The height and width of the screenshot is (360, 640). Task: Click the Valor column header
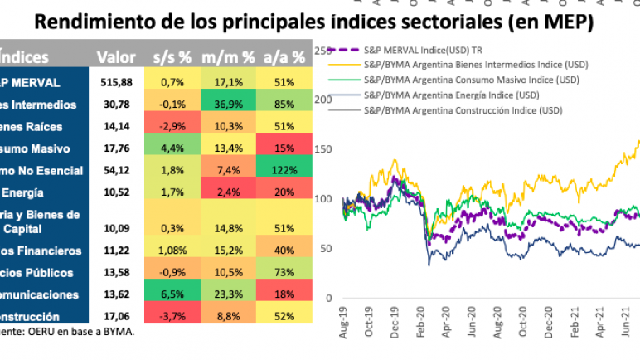(x=115, y=58)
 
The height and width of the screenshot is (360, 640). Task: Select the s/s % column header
(x=172, y=58)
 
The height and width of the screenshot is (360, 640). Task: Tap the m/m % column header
(x=228, y=58)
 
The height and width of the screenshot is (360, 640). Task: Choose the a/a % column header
(x=284, y=58)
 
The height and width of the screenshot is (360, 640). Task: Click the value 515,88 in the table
(x=115, y=81)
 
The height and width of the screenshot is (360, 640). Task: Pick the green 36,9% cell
(x=228, y=104)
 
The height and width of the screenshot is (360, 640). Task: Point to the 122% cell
(x=284, y=171)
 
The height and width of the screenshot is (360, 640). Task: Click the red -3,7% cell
(x=172, y=316)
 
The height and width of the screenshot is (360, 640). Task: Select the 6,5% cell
(x=172, y=294)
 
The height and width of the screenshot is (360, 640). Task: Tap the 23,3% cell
(x=228, y=294)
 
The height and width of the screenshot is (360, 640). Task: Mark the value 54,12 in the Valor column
(x=115, y=171)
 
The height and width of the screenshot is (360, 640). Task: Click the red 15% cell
(x=284, y=148)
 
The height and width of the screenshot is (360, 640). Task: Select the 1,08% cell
(x=172, y=250)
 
